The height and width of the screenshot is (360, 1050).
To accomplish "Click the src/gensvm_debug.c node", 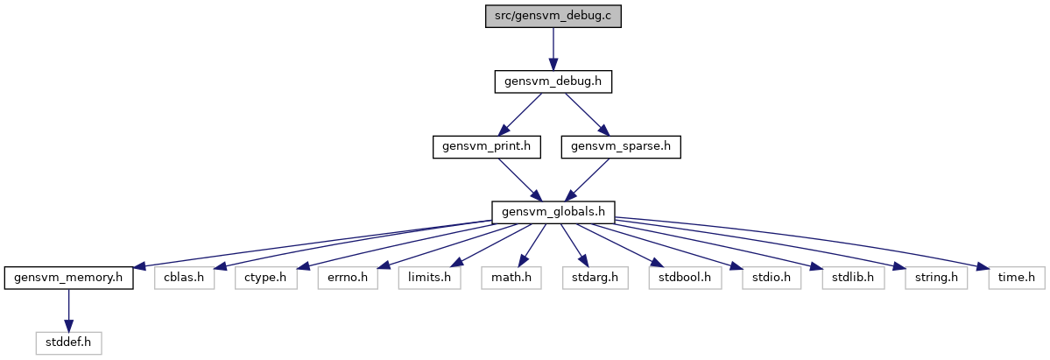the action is (x=553, y=16).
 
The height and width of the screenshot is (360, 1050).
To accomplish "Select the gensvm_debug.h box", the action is (x=553, y=81).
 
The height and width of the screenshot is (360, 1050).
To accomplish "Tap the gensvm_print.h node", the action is (x=486, y=146).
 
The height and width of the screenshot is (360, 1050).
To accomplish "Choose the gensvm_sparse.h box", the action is (x=621, y=146).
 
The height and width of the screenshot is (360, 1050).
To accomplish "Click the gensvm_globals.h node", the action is (x=553, y=212).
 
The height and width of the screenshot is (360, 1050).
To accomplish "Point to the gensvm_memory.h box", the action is (x=68, y=278).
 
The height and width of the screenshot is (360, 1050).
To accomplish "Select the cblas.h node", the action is (x=184, y=278).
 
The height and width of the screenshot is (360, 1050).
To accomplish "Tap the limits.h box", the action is (x=429, y=278).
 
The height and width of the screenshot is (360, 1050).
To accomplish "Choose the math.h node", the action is (x=511, y=278).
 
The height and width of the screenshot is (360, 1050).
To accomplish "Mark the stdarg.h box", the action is (x=595, y=278).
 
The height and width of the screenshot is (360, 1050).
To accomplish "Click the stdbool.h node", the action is (x=684, y=278).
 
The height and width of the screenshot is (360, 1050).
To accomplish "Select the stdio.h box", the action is (x=771, y=278).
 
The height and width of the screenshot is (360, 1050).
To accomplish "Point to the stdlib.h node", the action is (x=852, y=278).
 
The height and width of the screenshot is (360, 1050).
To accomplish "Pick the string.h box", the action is (x=936, y=278).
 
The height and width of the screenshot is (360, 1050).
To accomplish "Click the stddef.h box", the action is (x=68, y=343).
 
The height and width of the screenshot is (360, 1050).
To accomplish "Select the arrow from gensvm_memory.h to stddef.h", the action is (x=68, y=310).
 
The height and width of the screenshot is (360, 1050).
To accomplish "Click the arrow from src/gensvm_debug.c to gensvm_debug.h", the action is (x=553, y=48).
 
